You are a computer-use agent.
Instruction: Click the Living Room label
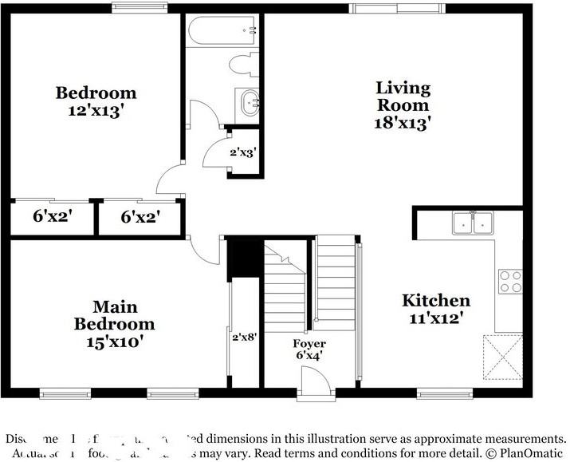[403, 96]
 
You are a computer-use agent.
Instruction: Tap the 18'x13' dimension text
[403, 123]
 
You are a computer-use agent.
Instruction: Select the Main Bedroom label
[115, 315]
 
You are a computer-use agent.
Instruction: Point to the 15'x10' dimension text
[115, 342]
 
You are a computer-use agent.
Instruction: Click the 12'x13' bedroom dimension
[95, 111]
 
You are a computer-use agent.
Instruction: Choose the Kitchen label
[435, 301]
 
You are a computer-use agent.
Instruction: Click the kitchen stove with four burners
[509, 281]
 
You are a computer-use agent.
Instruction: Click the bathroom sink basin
[249, 102]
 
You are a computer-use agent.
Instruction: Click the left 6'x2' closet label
[53, 215]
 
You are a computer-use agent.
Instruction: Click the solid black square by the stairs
[243, 256]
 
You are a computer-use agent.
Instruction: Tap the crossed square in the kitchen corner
[502, 356]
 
